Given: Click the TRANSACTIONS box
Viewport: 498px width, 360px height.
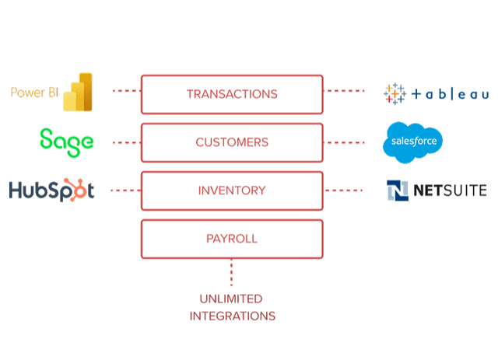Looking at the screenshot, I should (231, 94).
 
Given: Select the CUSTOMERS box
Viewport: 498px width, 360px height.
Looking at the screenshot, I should (231, 142).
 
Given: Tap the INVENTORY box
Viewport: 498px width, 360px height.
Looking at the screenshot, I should (231, 190).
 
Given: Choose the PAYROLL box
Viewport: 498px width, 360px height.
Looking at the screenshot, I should (231, 239).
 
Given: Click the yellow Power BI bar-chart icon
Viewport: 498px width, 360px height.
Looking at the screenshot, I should (78, 93).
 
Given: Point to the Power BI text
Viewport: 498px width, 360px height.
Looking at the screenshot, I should (35, 93).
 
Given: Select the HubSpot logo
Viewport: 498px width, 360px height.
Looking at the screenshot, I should (51, 190).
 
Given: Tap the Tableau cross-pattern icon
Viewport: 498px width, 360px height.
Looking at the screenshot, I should (395, 93).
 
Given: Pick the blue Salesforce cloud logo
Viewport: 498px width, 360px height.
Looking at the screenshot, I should (412, 143).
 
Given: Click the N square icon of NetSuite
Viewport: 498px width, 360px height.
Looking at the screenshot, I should (398, 190).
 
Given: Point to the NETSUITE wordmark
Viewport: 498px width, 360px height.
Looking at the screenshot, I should (450, 190).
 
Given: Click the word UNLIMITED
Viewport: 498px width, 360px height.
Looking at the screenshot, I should (231, 299).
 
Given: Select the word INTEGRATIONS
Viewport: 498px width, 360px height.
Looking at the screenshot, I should (231, 316).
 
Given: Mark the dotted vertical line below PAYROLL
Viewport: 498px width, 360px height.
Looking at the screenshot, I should (231, 272).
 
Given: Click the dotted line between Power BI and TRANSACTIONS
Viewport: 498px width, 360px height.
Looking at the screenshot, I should (125, 91).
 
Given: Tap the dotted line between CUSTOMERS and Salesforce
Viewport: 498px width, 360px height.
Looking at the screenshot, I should (344, 142).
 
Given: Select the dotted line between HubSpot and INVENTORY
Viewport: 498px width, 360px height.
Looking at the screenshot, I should (125, 190).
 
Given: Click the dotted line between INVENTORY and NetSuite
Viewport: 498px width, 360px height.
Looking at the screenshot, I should (344, 190).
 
